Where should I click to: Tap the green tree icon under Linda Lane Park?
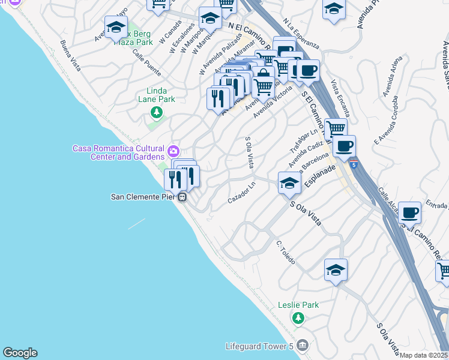tap(157, 112)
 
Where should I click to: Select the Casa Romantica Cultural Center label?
tap(119, 152)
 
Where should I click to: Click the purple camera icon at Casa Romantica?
tap(173, 150)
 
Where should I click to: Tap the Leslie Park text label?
tap(298, 305)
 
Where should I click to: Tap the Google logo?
tap(20, 353)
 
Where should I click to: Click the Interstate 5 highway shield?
tap(356, 164)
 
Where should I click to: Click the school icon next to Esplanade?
tap(289, 183)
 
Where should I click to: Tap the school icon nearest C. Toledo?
tap(336, 270)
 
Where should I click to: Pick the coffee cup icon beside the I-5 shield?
tap(344, 146)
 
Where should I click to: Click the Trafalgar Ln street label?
tap(305, 141)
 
